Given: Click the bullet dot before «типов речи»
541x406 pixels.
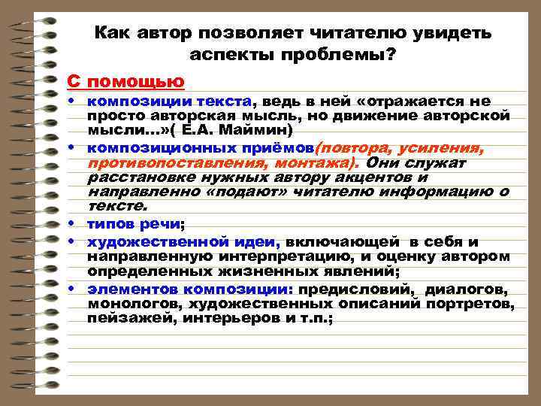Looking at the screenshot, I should pos(78,224).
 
